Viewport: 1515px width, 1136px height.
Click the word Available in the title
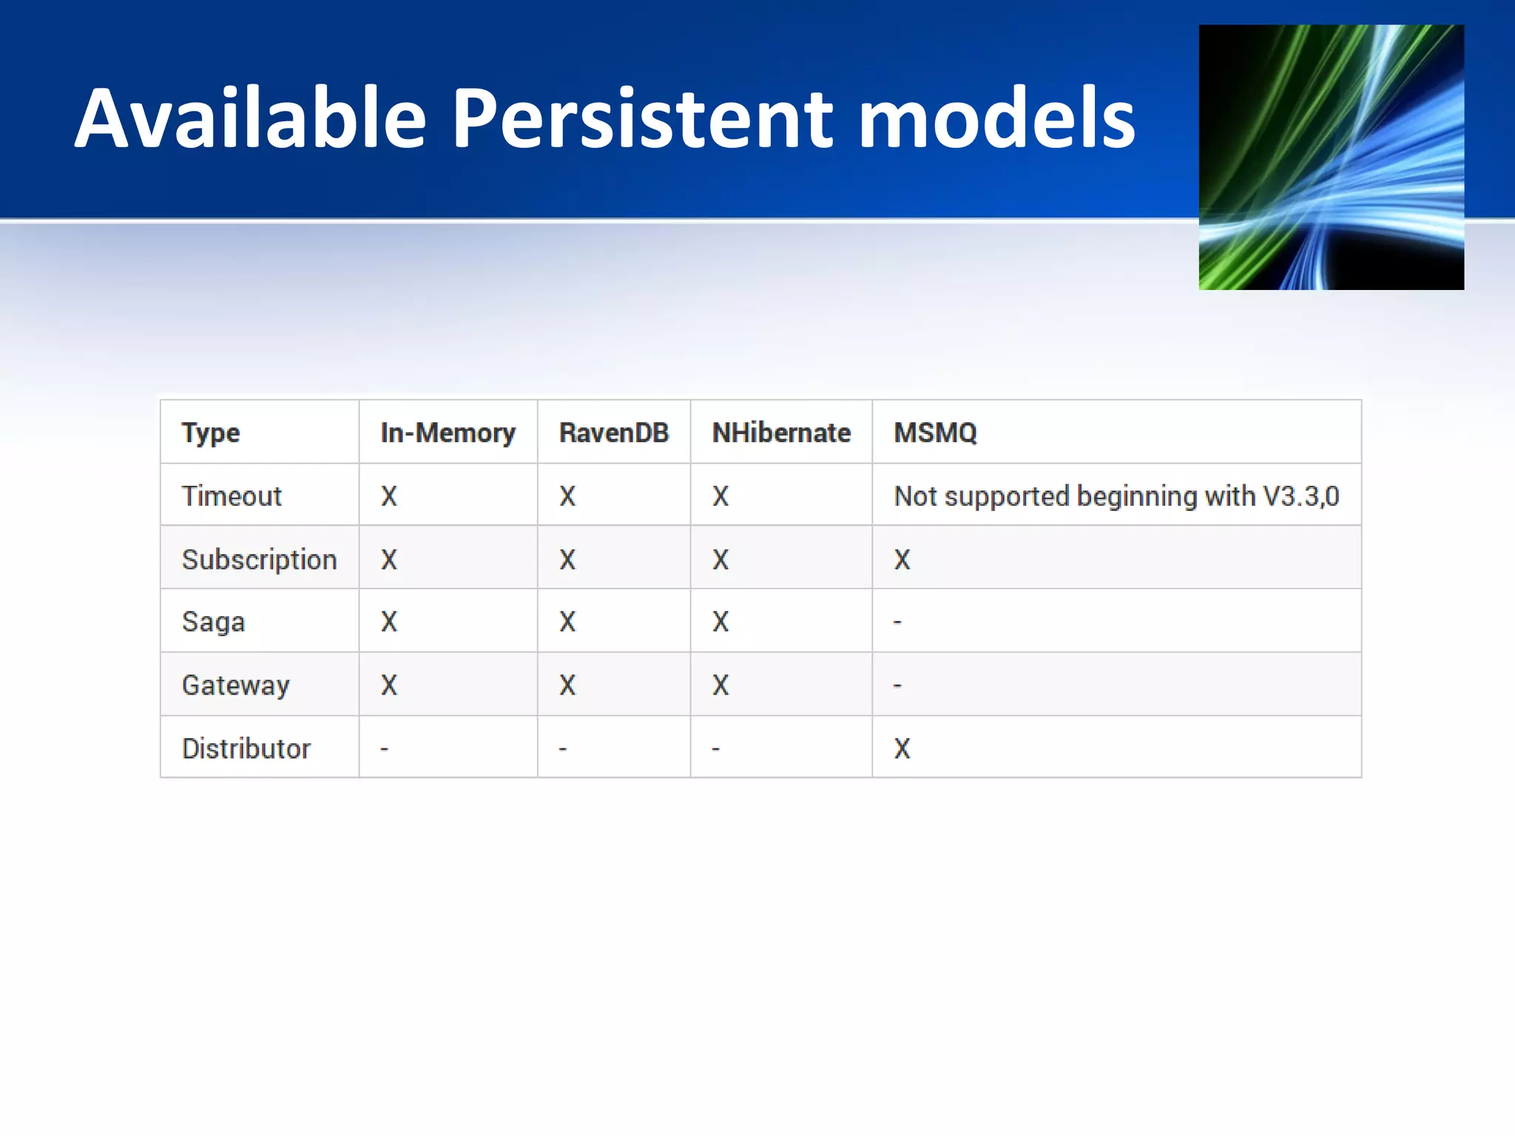click(x=251, y=118)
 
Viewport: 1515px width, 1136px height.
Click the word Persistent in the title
click(x=643, y=118)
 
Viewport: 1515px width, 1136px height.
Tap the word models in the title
click(x=996, y=118)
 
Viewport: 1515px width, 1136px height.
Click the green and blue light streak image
click(x=1331, y=157)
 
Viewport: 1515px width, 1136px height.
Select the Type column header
click(x=211, y=433)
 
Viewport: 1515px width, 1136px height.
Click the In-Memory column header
click(x=448, y=433)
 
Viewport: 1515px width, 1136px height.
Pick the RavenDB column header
click(x=613, y=433)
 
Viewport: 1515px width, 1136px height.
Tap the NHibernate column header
click(x=781, y=433)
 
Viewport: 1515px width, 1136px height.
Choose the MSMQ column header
click(x=935, y=433)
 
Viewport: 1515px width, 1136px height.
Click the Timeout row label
click(x=232, y=496)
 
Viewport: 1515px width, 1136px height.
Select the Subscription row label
click(x=259, y=560)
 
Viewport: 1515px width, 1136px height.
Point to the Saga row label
click(x=213, y=622)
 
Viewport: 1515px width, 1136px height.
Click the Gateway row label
click(x=235, y=686)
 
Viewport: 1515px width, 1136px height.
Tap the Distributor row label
click(x=246, y=748)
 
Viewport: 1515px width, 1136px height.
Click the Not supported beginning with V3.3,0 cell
click(x=1116, y=496)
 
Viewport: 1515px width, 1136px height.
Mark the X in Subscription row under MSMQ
click(x=902, y=560)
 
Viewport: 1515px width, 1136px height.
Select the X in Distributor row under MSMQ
click(x=902, y=748)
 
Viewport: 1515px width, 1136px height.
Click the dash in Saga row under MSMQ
click(x=897, y=623)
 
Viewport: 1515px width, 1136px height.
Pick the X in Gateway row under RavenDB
click(x=567, y=686)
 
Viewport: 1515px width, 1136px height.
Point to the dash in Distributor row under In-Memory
click(x=384, y=749)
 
